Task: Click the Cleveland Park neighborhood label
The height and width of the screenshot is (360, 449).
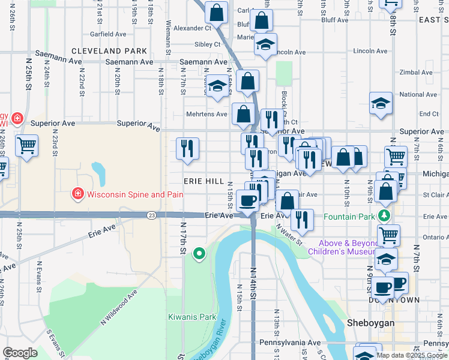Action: pyautogui.click(x=109, y=51)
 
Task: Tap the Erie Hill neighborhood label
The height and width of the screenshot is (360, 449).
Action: pyautogui.click(x=204, y=181)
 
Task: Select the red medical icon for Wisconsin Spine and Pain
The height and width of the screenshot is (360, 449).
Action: pyautogui.click(x=77, y=194)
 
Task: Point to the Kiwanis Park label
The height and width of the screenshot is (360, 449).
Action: pyautogui.click(x=191, y=316)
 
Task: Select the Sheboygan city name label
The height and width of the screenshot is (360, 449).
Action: pyautogui.click(x=370, y=323)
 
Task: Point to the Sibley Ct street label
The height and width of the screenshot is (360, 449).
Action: pyautogui.click(x=207, y=44)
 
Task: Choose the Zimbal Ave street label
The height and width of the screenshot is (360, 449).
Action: pyautogui.click(x=416, y=72)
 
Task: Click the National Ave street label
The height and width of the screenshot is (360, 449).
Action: pyautogui.click(x=418, y=95)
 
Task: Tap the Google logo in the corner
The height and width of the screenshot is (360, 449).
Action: pyautogui.click(x=20, y=353)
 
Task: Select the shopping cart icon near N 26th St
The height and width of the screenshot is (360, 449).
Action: pyautogui.click(x=27, y=145)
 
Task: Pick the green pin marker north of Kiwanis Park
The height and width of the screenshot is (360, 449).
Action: pyautogui.click(x=199, y=254)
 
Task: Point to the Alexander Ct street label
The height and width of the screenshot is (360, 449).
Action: pyautogui.click(x=192, y=28)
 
